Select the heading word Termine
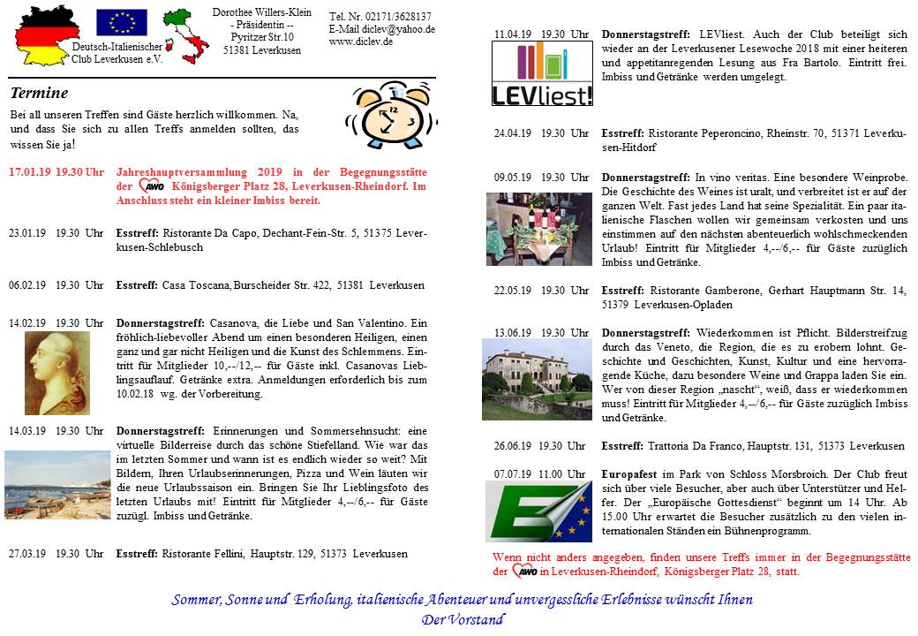pos(39,94)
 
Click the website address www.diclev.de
pos(361,42)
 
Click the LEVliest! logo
pos(542,75)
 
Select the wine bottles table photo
pos(538,229)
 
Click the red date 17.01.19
pos(29,172)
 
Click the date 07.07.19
pos(515,473)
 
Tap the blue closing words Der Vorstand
pos(463,619)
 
